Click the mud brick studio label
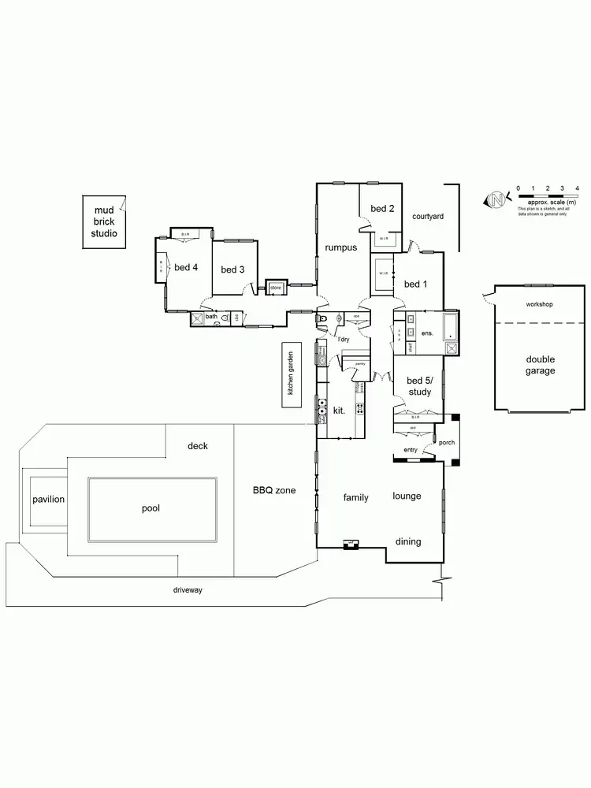[x=104, y=222]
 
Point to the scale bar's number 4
[x=578, y=188]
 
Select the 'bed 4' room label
[x=186, y=267]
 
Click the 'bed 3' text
[x=232, y=270]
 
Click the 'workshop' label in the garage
[x=539, y=304]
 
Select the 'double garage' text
[x=541, y=365]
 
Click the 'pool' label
[x=151, y=508]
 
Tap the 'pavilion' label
[x=48, y=500]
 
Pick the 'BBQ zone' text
[x=274, y=490]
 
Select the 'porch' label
[x=447, y=442]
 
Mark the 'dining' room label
[x=408, y=541]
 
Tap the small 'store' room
[x=276, y=288]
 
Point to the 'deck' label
[x=198, y=446]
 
